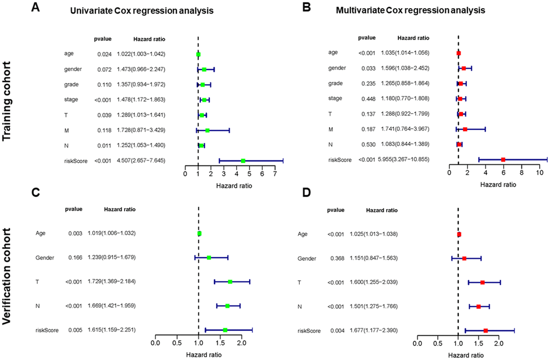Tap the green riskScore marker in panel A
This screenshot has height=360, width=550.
tap(243, 161)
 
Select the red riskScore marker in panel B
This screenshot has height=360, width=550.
tap(503, 160)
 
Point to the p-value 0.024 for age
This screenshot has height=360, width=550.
tap(104, 54)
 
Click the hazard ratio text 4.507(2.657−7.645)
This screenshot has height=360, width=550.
tap(141, 160)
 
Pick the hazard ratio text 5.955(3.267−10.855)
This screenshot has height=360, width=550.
tap(404, 160)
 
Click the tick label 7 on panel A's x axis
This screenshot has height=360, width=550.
tap(275, 174)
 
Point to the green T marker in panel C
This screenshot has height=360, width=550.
tap(230, 282)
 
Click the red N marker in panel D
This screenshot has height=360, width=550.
tap(478, 306)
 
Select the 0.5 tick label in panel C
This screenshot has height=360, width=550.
tap(176, 343)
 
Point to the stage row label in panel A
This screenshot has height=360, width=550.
tap(68, 99)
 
